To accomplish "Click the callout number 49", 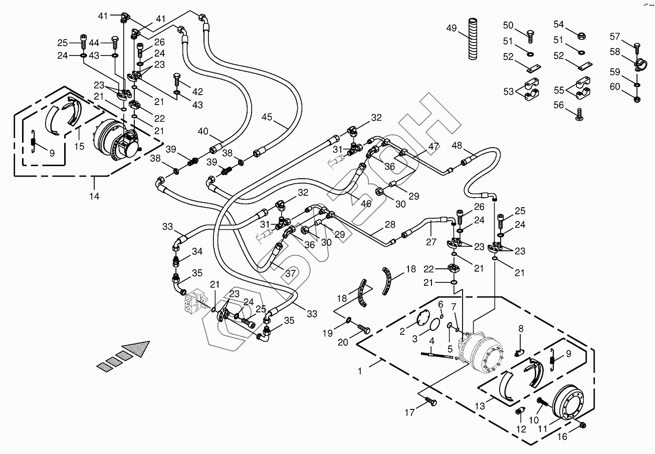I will [452, 28].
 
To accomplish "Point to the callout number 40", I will [202, 132].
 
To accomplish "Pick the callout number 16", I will [562, 437].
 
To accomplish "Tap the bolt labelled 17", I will [430, 401].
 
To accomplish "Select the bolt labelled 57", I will [636, 49].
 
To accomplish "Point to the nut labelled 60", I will [636, 99].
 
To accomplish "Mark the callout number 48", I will [457, 145].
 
